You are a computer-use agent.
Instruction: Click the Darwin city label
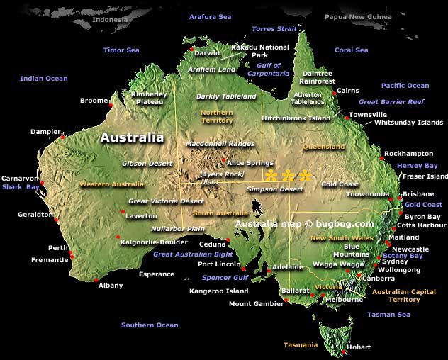(207, 53)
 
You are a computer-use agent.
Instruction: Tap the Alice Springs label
(250, 163)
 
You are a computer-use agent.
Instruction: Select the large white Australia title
(132, 137)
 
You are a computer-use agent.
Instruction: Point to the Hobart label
(359, 347)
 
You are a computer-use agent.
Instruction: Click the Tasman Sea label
(389, 315)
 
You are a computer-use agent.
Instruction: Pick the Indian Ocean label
(44, 79)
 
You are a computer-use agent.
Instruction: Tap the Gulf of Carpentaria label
(268, 69)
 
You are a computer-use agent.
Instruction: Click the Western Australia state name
(111, 184)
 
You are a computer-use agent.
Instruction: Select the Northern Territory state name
(217, 116)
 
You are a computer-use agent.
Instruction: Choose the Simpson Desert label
(269, 189)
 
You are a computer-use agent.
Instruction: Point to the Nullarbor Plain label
(178, 229)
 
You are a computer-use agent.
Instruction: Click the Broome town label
(94, 101)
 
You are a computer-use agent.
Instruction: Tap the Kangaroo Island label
(218, 291)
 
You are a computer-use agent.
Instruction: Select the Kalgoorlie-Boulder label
(154, 242)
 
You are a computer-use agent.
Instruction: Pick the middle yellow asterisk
(289, 176)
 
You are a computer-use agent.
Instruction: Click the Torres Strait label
(275, 29)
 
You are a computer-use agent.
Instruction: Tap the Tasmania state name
(301, 345)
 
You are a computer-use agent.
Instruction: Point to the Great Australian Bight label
(193, 254)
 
